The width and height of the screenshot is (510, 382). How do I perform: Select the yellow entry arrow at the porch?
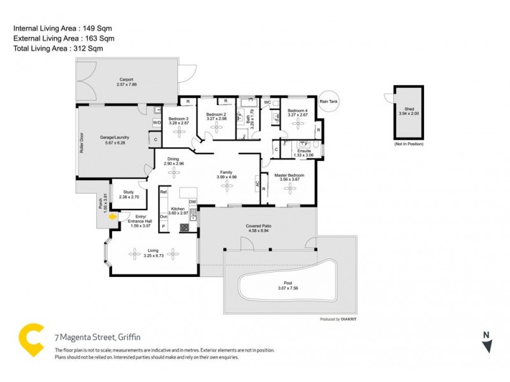(113, 217)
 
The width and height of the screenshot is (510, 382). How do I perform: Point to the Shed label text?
(409, 109)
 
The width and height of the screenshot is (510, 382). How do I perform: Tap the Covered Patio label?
(259, 226)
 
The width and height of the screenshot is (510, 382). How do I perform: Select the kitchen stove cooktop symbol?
(184, 227)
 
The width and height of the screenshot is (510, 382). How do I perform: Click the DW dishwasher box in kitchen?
(192, 202)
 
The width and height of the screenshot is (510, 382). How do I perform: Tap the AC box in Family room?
(258, 184)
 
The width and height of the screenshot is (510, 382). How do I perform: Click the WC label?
(267, 102)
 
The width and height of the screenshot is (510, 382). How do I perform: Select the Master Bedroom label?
(289, 175)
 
